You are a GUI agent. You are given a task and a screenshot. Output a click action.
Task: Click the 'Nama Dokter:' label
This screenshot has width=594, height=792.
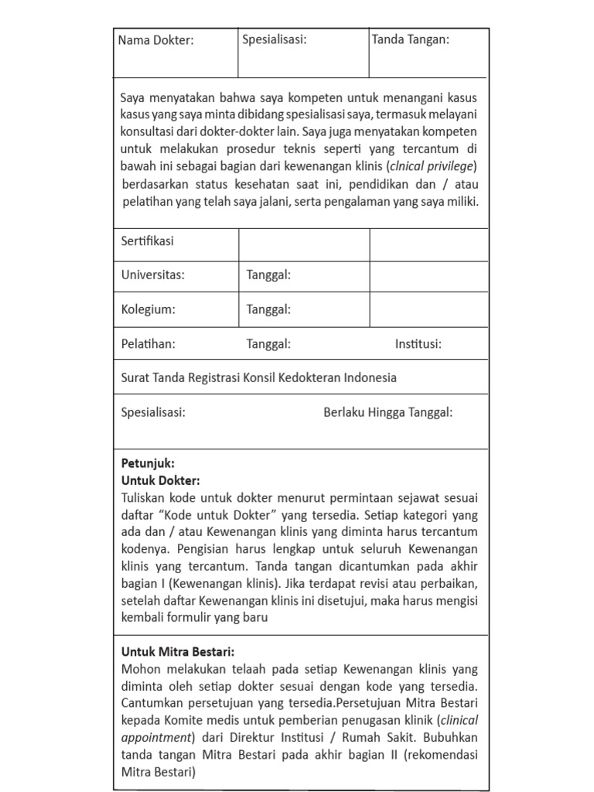tap(155, 41)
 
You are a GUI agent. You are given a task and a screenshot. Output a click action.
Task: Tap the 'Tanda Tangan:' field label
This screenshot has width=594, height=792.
tap(410, 39)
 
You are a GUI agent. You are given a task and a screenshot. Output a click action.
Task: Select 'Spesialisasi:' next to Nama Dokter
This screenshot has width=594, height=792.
tap(275, 39)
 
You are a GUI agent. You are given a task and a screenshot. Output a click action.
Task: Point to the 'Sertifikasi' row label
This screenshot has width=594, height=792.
tap(147, 241)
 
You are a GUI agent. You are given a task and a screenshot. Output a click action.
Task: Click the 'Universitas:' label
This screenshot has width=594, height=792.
tap(153, 275)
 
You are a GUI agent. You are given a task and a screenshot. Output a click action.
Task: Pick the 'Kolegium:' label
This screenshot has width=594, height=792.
tap(148, 309)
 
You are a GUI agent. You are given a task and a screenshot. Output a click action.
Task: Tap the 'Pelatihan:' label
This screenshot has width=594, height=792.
tap(148, 344)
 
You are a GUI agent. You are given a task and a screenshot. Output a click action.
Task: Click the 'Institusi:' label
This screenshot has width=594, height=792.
tap(418, 344)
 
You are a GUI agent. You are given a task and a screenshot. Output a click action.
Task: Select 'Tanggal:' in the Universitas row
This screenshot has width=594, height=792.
tap(268, 275)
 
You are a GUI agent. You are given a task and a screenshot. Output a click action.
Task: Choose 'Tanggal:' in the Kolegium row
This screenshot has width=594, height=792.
tap(268, 309)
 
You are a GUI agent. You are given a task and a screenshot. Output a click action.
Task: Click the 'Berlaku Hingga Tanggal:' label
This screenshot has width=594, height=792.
tap(387, 412)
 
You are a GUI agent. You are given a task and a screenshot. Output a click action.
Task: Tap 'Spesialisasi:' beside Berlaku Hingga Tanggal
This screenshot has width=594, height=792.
tap(153, 412)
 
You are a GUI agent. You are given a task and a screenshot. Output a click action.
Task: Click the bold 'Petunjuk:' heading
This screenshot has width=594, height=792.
tap(148, 463)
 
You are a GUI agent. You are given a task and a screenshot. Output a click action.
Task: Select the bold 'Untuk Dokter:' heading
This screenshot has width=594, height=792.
tap(160, 480)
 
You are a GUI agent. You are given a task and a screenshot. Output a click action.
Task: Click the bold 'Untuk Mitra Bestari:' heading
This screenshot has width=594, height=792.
tap(178, 651)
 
